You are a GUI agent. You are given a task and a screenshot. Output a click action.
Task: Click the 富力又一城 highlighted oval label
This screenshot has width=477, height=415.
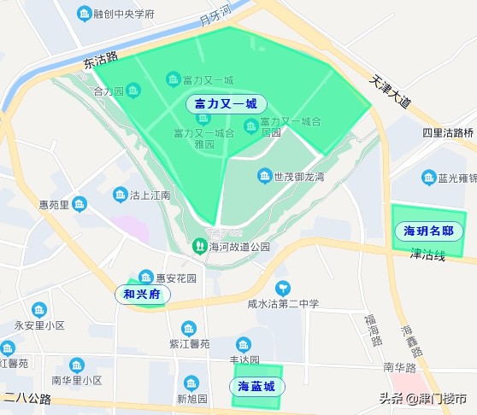tap(226, 104)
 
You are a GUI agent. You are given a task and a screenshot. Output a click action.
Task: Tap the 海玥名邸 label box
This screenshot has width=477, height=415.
tap(427, 231)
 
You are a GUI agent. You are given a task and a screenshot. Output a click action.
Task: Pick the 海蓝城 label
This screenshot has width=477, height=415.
tap(256, 387)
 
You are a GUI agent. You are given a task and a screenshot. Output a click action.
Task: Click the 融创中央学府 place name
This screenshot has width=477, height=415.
tap(124, 15)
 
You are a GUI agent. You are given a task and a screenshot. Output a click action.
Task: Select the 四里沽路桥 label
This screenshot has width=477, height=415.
tap(448, 132)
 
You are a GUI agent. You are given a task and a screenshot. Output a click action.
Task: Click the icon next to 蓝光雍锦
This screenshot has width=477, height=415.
tap(427, 178)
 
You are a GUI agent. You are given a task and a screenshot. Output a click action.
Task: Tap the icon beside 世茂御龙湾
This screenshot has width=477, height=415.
tap(264, 177)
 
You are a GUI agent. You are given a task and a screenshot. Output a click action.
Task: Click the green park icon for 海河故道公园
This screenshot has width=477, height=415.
tap(199, 247)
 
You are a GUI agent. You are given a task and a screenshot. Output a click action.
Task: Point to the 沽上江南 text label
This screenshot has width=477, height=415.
tap(149, 196)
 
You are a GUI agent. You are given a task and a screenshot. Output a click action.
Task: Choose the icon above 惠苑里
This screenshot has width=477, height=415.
tap(79, 203)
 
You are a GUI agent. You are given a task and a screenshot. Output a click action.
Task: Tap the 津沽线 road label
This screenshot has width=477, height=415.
tap(427, 254)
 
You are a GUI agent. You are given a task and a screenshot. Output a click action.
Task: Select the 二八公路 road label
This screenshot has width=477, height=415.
tap(27, 398)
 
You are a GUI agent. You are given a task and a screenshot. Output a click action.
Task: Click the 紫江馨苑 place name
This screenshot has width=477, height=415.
tap(189, 344)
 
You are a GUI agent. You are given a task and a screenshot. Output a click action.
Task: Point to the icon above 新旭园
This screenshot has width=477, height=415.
tap(191, 382)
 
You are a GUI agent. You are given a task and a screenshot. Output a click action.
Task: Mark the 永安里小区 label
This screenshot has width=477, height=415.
tap(39, 326)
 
